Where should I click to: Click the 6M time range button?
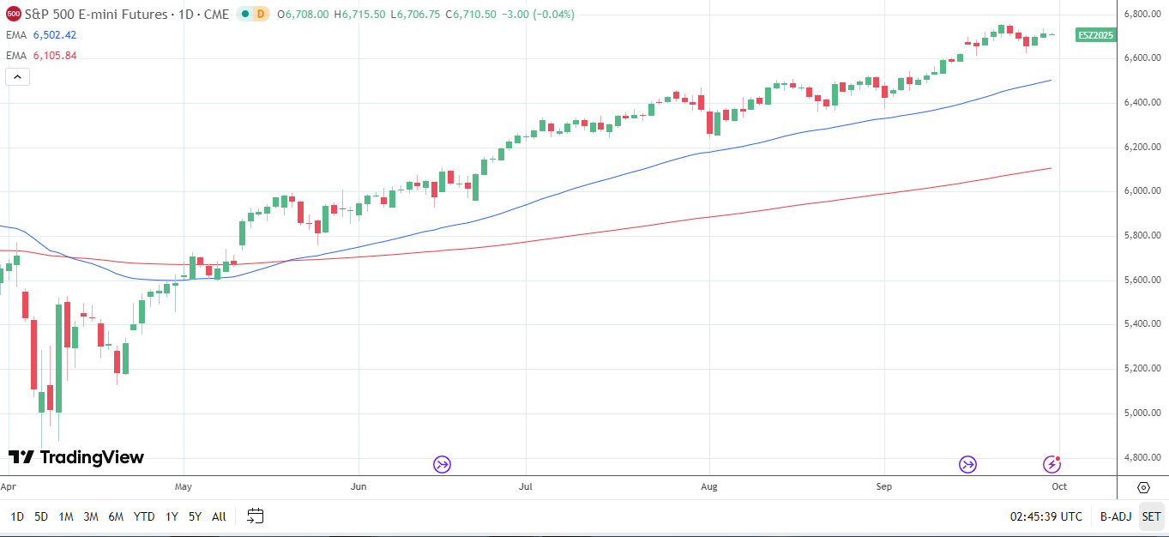116,516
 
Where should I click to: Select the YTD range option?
144,516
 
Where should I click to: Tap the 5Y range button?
195,516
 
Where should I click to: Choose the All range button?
219,516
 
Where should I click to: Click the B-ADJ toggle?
1116,516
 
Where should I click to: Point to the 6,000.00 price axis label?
1142,191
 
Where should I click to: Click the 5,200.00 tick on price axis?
1142,369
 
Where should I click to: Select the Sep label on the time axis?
884,486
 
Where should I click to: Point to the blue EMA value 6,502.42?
55,35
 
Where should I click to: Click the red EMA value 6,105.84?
55,56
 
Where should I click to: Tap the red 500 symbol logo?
13,14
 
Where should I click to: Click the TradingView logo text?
76,457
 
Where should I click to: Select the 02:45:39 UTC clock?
1045,516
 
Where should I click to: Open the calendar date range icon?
255,516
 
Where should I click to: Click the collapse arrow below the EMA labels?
18,76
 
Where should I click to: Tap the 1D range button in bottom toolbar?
17,516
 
